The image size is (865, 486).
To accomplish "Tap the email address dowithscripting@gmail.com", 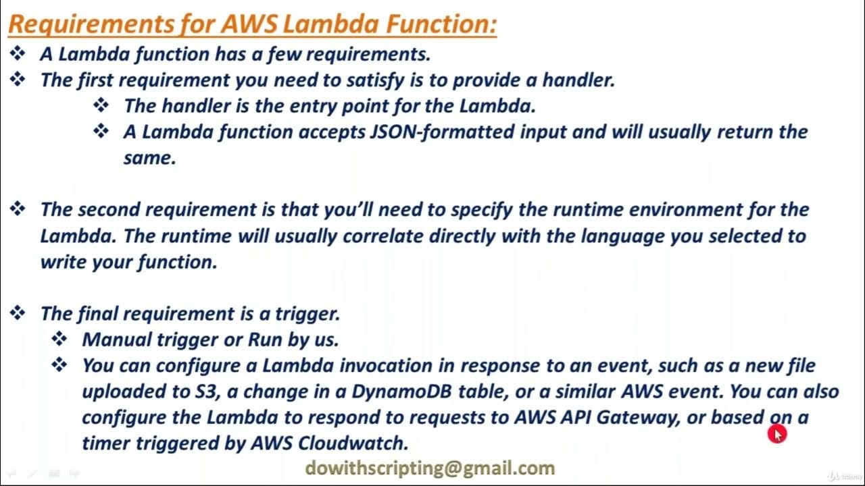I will [430, 468].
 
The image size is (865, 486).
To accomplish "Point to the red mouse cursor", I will [776, 434].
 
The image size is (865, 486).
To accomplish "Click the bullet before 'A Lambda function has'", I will [18, 53].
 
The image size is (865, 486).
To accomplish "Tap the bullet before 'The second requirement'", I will [18, 209].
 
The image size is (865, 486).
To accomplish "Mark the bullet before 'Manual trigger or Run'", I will [60, 339].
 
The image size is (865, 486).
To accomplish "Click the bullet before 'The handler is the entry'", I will [101, 105].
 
